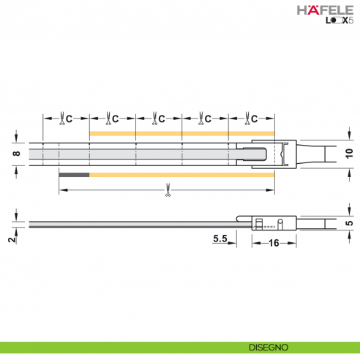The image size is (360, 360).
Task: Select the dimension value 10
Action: [x=348, y=154]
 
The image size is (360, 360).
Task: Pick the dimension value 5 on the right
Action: [x=348, y=220]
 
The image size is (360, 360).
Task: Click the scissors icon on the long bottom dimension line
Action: [x=168, y=192]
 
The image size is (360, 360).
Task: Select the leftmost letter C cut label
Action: [x=68, y=118]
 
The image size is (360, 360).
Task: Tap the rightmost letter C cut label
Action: [x=255, y=118]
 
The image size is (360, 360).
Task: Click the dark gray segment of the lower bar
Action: [x=74, y=176]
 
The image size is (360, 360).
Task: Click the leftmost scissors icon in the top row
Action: [x=59, y=118]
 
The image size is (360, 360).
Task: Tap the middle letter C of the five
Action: [x=162, y=118]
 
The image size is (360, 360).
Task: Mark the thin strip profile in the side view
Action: [x=132, y=222]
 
